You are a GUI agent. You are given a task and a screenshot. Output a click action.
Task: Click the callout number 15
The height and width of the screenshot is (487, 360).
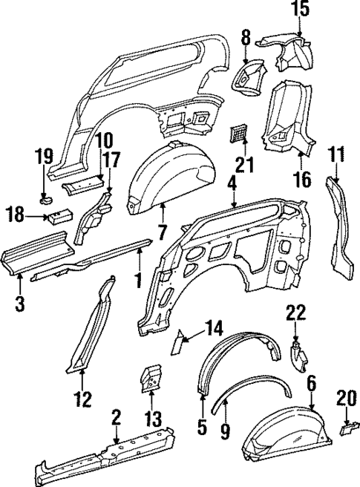298,10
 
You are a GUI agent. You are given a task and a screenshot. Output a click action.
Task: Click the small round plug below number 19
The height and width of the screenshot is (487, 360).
46,200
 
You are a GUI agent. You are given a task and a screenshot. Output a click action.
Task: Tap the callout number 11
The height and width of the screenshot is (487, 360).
337,156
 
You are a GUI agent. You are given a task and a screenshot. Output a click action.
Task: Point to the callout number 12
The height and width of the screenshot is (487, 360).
82,399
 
